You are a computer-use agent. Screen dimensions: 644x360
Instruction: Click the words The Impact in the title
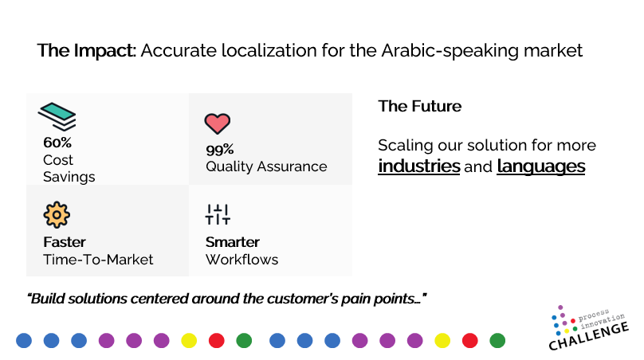(86, 50)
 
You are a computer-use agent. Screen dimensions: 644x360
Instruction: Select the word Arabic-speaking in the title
(450, 51)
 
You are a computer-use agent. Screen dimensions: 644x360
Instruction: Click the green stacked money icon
(57, 116)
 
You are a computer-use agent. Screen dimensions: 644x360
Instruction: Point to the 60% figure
(57, 143)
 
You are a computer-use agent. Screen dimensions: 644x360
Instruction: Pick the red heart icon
(218, 123)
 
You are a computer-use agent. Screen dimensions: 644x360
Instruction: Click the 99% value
(220, 150)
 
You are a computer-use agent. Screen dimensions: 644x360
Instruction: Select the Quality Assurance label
(266, 166)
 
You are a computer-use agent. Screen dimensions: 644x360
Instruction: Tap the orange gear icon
(57, 215)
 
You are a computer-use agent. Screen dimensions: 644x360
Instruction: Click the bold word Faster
(65, 242)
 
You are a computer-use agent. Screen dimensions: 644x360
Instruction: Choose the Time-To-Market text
(98, 260)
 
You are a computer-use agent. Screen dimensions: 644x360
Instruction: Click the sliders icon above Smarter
(218, 214)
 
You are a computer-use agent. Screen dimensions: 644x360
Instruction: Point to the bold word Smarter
(233, 242)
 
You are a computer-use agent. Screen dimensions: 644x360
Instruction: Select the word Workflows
(242, 260)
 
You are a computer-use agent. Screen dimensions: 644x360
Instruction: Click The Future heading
(420, 106)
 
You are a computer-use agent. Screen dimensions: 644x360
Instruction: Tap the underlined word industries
(419, 166)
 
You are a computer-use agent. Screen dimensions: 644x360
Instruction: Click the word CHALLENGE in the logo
(588, 336)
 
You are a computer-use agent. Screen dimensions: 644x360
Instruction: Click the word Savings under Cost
(69, 177)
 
